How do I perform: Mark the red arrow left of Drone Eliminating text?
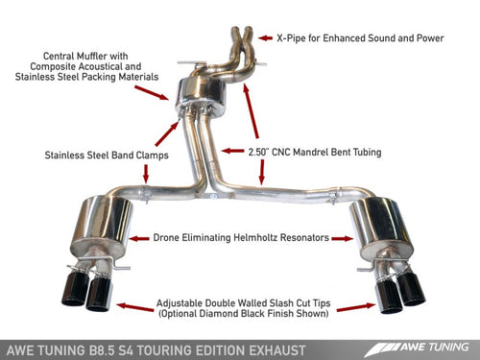[142, 236]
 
